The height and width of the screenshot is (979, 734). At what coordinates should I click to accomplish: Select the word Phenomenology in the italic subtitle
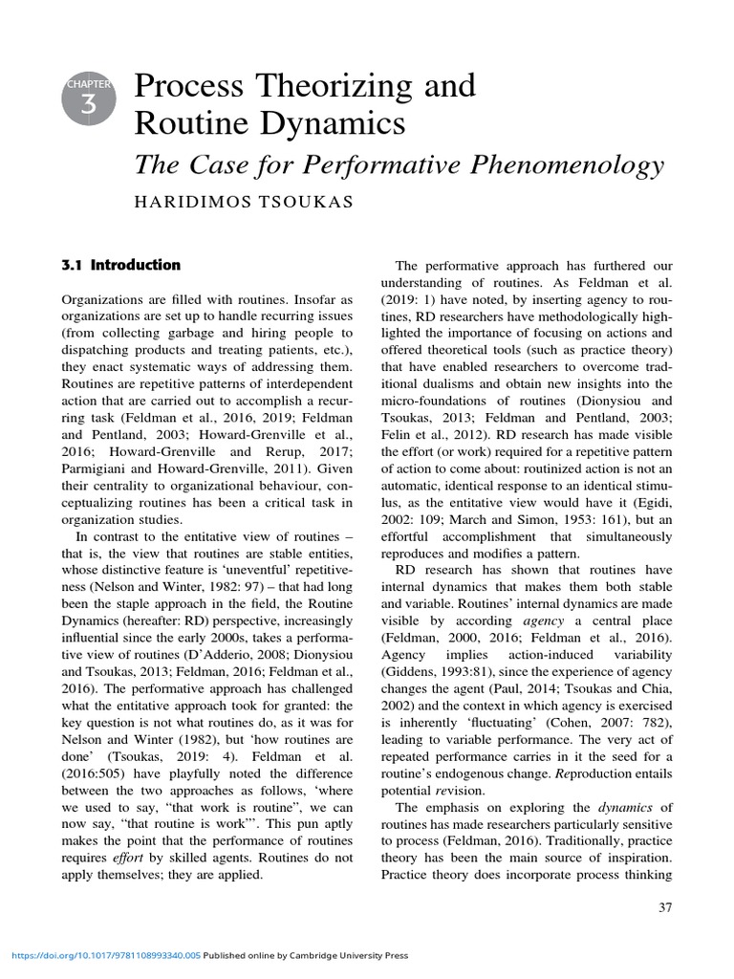coord(568,165)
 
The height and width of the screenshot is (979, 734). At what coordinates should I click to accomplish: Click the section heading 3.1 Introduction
coord(120,265)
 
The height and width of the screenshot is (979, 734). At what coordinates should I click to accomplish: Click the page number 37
coord(666,907)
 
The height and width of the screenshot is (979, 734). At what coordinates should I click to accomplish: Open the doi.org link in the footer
coord(105,955)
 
